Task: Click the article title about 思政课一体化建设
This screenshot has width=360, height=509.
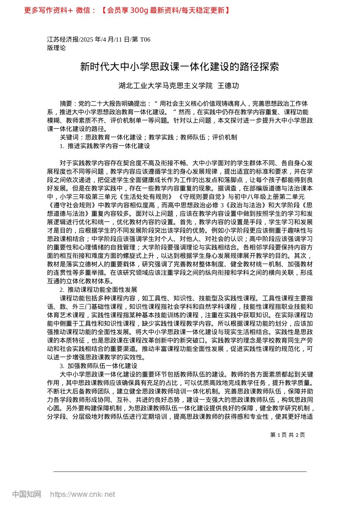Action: [x=180, y=67]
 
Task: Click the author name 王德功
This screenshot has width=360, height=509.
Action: [x=229, y=86]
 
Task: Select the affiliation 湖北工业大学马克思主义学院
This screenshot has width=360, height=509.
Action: [x=166, y=86]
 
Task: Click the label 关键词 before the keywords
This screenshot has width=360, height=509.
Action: [x=69, y=137]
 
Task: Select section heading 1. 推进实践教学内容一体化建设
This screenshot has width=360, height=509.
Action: [x=105, y=146]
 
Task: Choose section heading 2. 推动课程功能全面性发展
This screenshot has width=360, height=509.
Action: [x=98, y=290]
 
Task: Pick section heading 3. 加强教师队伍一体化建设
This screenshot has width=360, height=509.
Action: [x=98, y=366]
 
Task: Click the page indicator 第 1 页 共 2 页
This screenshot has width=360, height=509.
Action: [x=287, y=435]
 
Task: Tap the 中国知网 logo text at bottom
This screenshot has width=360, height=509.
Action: [x=27, y=494]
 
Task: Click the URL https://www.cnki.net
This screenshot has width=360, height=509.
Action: [x=83, y=494]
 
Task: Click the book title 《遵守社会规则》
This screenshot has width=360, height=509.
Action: [x=72, y=205]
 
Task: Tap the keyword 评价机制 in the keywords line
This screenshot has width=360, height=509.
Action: [x=225, y=137]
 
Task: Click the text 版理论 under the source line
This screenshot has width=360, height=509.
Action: [x=56, y=48]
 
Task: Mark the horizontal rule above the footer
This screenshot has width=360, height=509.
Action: [x=180, y=472]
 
